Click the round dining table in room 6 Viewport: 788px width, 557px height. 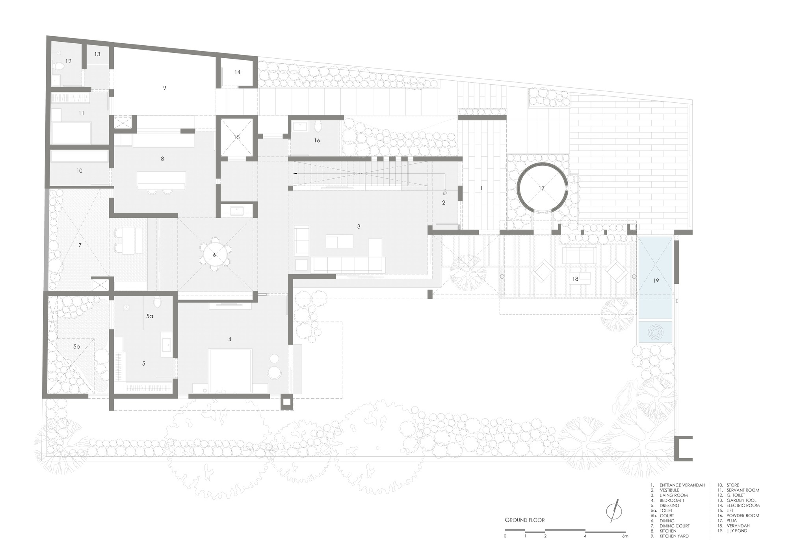215,254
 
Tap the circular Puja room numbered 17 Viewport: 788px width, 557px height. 542,188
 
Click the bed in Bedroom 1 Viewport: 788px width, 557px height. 230,370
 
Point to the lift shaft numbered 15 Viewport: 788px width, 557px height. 236,137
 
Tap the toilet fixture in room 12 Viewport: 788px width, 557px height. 59,67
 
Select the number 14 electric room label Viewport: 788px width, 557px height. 237,72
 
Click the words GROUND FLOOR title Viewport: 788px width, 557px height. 524,520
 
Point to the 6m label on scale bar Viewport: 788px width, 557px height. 625,536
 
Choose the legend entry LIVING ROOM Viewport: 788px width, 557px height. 673,495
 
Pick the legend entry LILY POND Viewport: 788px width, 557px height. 736,531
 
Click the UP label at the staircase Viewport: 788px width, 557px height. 445,194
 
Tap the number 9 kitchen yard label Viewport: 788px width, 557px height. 164,88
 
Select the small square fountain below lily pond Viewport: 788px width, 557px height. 655,332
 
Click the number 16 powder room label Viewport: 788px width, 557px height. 317,140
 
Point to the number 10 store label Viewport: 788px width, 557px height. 79,171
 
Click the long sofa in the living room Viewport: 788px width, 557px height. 348,265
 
